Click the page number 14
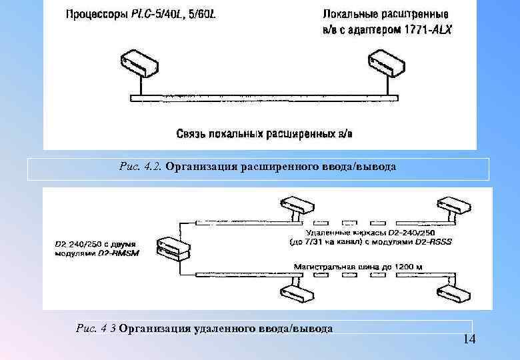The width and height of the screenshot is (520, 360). tap(469, 340)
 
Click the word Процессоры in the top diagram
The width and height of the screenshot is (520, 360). tap(94, 13)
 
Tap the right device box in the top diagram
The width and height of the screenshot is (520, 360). tap(388, 61)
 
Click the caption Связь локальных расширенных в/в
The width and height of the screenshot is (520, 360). tap(265, 134)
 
